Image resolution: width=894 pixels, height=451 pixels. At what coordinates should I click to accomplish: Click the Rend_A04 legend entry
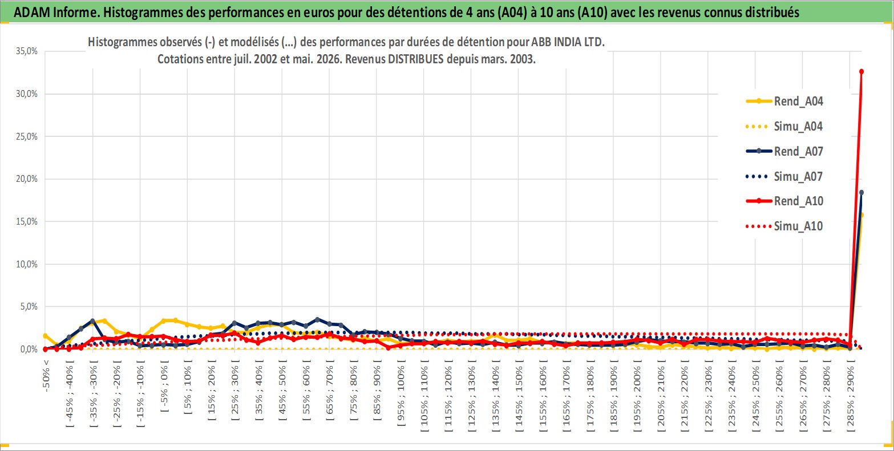(x=784, y=101)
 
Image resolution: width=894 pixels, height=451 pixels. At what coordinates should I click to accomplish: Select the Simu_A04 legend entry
(x=784, y=127)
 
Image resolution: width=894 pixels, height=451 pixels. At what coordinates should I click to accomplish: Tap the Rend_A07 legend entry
(x=784, y=151)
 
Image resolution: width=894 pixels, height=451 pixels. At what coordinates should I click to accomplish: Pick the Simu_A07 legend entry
(x=784, y=176)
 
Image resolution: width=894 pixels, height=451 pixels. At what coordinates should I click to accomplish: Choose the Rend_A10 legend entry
(x=784, y=201)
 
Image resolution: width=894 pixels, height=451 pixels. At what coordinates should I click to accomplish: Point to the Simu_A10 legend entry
(x=784, y=226)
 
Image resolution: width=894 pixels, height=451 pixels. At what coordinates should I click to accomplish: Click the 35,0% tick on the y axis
(x=27, y=51)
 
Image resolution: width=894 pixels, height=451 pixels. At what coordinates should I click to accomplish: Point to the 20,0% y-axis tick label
(x=27, y=178)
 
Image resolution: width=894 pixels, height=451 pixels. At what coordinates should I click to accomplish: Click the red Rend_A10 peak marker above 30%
(x=861, y=72)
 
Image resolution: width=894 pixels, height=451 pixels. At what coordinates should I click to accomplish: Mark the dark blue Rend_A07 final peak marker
(x=861, y=193)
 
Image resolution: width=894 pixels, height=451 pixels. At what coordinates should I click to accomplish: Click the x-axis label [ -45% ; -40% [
(x=70, y=393)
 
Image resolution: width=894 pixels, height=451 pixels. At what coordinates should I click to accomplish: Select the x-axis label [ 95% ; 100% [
(x=401, y=393)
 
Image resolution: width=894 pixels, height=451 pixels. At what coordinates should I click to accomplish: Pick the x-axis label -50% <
(x=46, y=376)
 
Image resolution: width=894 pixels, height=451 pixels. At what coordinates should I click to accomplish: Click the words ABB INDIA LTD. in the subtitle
(x=568, y=42)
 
